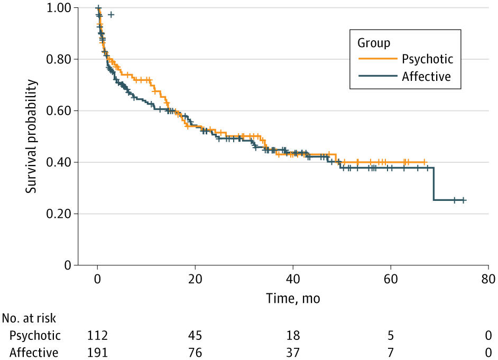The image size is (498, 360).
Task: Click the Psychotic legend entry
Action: (x=427, y=58)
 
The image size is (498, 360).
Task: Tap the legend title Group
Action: (x=374, y=42)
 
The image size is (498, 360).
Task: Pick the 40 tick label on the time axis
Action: (x=293, y=279)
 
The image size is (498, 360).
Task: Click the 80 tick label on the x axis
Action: (x=488, y=279)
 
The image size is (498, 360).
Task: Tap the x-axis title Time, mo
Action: (x=292, y=299)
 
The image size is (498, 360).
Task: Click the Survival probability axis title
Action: (x=32, y=136)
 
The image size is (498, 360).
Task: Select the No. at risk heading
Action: (x=29, y=318)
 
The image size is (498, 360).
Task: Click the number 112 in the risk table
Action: (x=98, y=335)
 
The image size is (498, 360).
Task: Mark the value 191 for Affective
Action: (x=98, y=352)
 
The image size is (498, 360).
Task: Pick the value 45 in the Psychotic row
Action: (x=195, y=335)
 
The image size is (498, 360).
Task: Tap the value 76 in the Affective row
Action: (x=195, y=352)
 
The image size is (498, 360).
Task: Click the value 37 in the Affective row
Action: (x=293, y=352)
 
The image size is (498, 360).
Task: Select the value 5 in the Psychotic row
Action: (x=391, y=335)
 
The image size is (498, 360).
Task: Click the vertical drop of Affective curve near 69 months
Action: (x=434, y=184)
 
